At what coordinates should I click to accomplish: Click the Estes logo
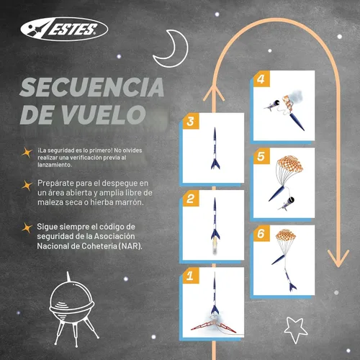point(64,30)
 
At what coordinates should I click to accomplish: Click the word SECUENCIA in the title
point(92,87)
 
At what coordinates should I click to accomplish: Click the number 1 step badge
point(191,276)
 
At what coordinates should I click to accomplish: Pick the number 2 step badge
point(191,199)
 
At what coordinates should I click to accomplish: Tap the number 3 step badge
point(191,121)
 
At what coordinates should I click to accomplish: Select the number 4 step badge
point(261,79)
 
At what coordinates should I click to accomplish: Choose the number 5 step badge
point(261,156)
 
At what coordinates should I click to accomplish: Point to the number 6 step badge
point(261,233)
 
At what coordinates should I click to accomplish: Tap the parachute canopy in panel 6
point(286,235)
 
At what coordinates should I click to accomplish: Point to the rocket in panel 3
point(215,148)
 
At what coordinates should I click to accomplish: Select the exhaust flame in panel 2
point(215,247)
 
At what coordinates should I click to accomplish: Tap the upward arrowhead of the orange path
point(214,92)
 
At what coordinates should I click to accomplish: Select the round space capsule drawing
point(71,307)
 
